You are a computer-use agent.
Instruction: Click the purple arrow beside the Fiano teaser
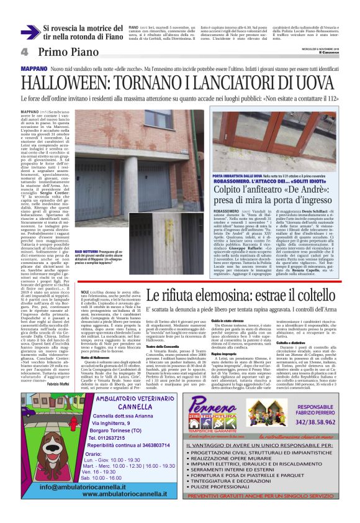[x=30, y=32]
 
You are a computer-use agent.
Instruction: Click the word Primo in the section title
[x=53, y=52]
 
